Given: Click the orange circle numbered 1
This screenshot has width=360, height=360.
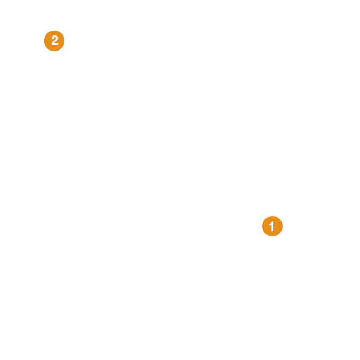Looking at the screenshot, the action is click(272, 226).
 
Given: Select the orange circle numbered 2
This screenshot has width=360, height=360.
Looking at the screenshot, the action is click(54, 41).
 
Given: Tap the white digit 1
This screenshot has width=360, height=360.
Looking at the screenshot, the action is click(271, 226).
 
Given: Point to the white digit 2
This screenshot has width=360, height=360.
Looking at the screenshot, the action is click(55, 40).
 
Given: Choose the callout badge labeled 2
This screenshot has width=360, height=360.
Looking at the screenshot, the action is click(54, 41).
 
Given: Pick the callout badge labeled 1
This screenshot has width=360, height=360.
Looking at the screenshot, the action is click(272, 226).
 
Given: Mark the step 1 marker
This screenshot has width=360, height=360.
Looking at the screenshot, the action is click(272, 226).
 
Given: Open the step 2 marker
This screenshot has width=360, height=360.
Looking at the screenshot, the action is click(54, 41).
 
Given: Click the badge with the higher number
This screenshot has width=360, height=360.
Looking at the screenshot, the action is click(54, 41).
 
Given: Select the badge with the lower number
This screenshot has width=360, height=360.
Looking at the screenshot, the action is click(272, 226).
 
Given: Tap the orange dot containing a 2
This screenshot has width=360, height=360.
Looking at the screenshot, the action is click(54, 41).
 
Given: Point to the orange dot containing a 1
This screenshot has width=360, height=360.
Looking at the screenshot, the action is click(272, 226).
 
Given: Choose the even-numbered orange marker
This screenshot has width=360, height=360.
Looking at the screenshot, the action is click(54, 41).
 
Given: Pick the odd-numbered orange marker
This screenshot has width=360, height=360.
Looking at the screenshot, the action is click(272, 226).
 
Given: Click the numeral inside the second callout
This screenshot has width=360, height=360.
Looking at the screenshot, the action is click(55, 40).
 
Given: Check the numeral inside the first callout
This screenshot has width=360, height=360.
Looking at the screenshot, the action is click(271, 226).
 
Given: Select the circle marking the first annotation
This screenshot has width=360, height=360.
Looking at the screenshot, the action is click(272, 226).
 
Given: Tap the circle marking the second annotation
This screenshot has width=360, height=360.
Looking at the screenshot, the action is click(54, 41).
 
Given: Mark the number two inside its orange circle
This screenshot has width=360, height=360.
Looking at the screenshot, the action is click(55, 40).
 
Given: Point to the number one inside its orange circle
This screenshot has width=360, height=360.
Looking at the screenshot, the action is click(271, 226).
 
